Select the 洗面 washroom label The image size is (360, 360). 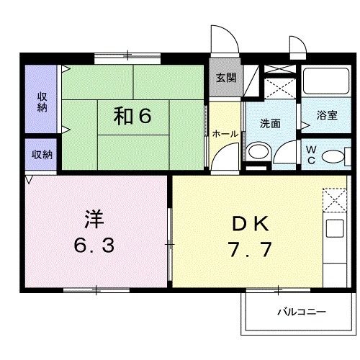click(270, 122)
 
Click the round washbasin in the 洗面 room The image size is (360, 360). click(257, 153)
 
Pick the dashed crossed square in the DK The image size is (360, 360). click(335, 199)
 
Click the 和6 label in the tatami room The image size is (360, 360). click(132, 117)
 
